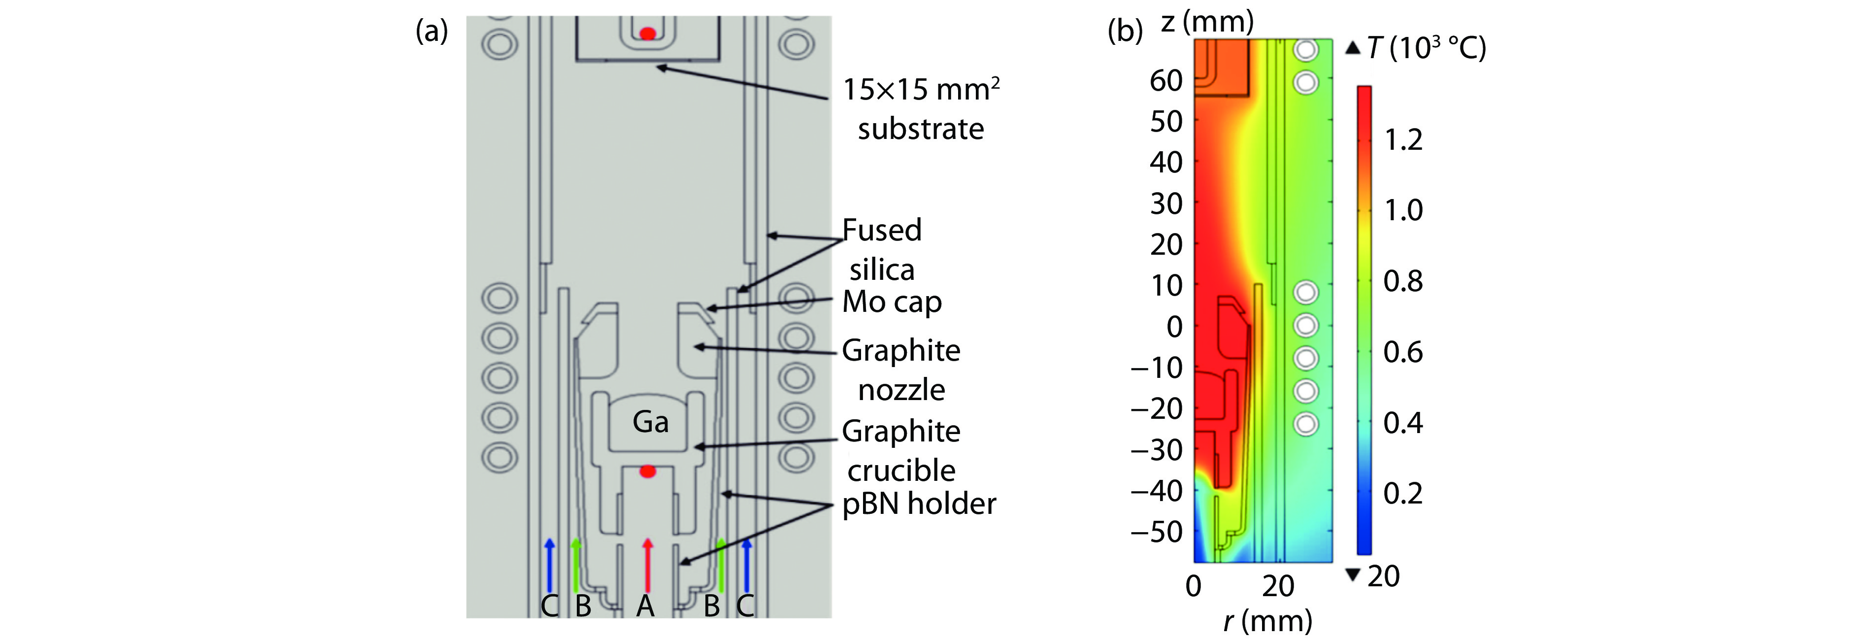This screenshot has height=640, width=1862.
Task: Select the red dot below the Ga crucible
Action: (648, 472)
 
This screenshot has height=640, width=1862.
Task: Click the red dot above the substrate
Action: (648, 34)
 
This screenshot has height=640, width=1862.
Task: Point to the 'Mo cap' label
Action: (892, 303)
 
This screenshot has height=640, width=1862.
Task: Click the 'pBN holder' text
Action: (919, 504)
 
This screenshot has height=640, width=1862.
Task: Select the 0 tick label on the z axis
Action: (1175, 327)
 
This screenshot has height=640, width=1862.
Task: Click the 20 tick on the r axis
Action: (1278, 586)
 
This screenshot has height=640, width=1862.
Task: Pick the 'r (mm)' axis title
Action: (1268, 620)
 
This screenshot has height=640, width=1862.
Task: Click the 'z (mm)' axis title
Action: (1207, 22)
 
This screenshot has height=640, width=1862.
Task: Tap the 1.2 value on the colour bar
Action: (1403, 139)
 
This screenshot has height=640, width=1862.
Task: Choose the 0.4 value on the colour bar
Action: (1403, 422)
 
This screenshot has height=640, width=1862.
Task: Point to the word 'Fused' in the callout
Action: (882, 231)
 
